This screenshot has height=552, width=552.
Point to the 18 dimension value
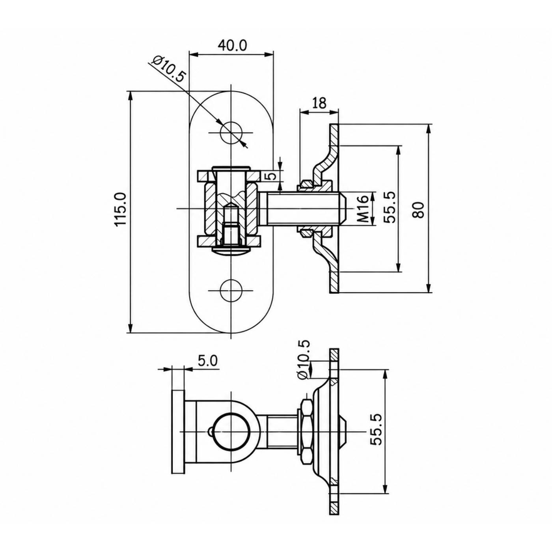319,103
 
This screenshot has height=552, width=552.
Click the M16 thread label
363,209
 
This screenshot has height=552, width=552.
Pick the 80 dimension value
419,210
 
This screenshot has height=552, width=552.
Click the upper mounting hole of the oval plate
231,132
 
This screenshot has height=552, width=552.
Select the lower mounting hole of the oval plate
231,290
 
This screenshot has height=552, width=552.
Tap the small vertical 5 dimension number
272,175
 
